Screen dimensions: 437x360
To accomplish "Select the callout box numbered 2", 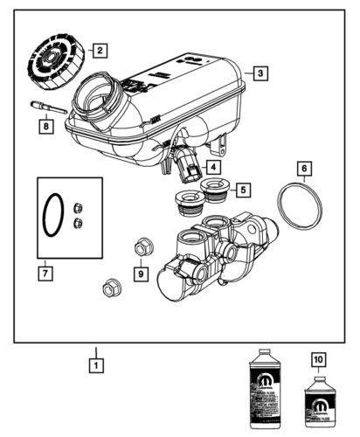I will (100, 50).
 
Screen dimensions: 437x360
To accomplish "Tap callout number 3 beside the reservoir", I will (260, 74).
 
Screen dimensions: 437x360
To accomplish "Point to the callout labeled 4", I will (213, 165).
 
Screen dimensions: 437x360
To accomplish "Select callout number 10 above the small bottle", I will (317, 358).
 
